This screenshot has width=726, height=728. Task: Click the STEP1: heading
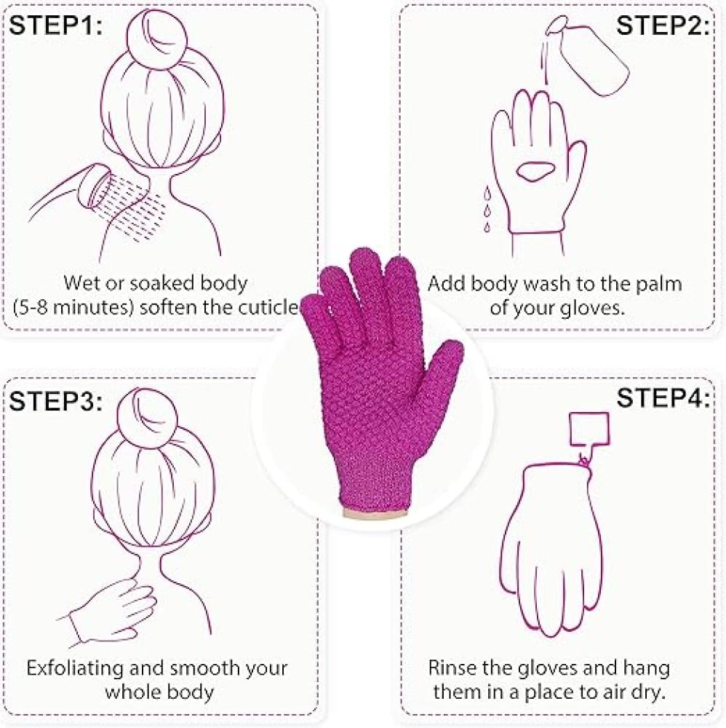coord(56,25)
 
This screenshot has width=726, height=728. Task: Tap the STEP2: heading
coord(663,25)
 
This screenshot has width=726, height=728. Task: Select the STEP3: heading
coord(56,400)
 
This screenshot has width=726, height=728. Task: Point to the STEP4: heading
coord(663,397)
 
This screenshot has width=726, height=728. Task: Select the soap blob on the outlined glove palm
coord(533,171)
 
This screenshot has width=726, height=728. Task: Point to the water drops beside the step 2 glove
coord(487,209)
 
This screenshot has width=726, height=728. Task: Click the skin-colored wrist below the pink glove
coord(377,513)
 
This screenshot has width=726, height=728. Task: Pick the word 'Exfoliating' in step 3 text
coord(75,669)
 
